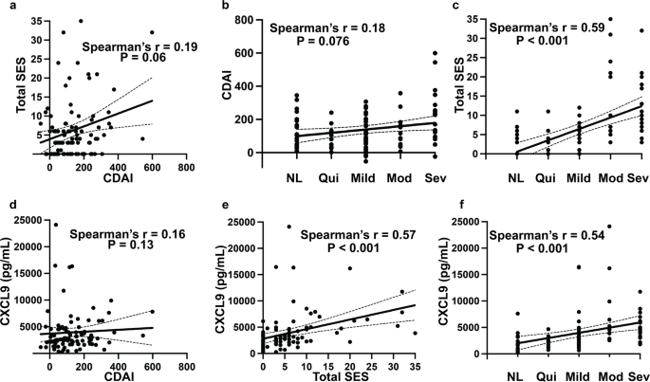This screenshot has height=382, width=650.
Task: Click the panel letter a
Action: [6, 7]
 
